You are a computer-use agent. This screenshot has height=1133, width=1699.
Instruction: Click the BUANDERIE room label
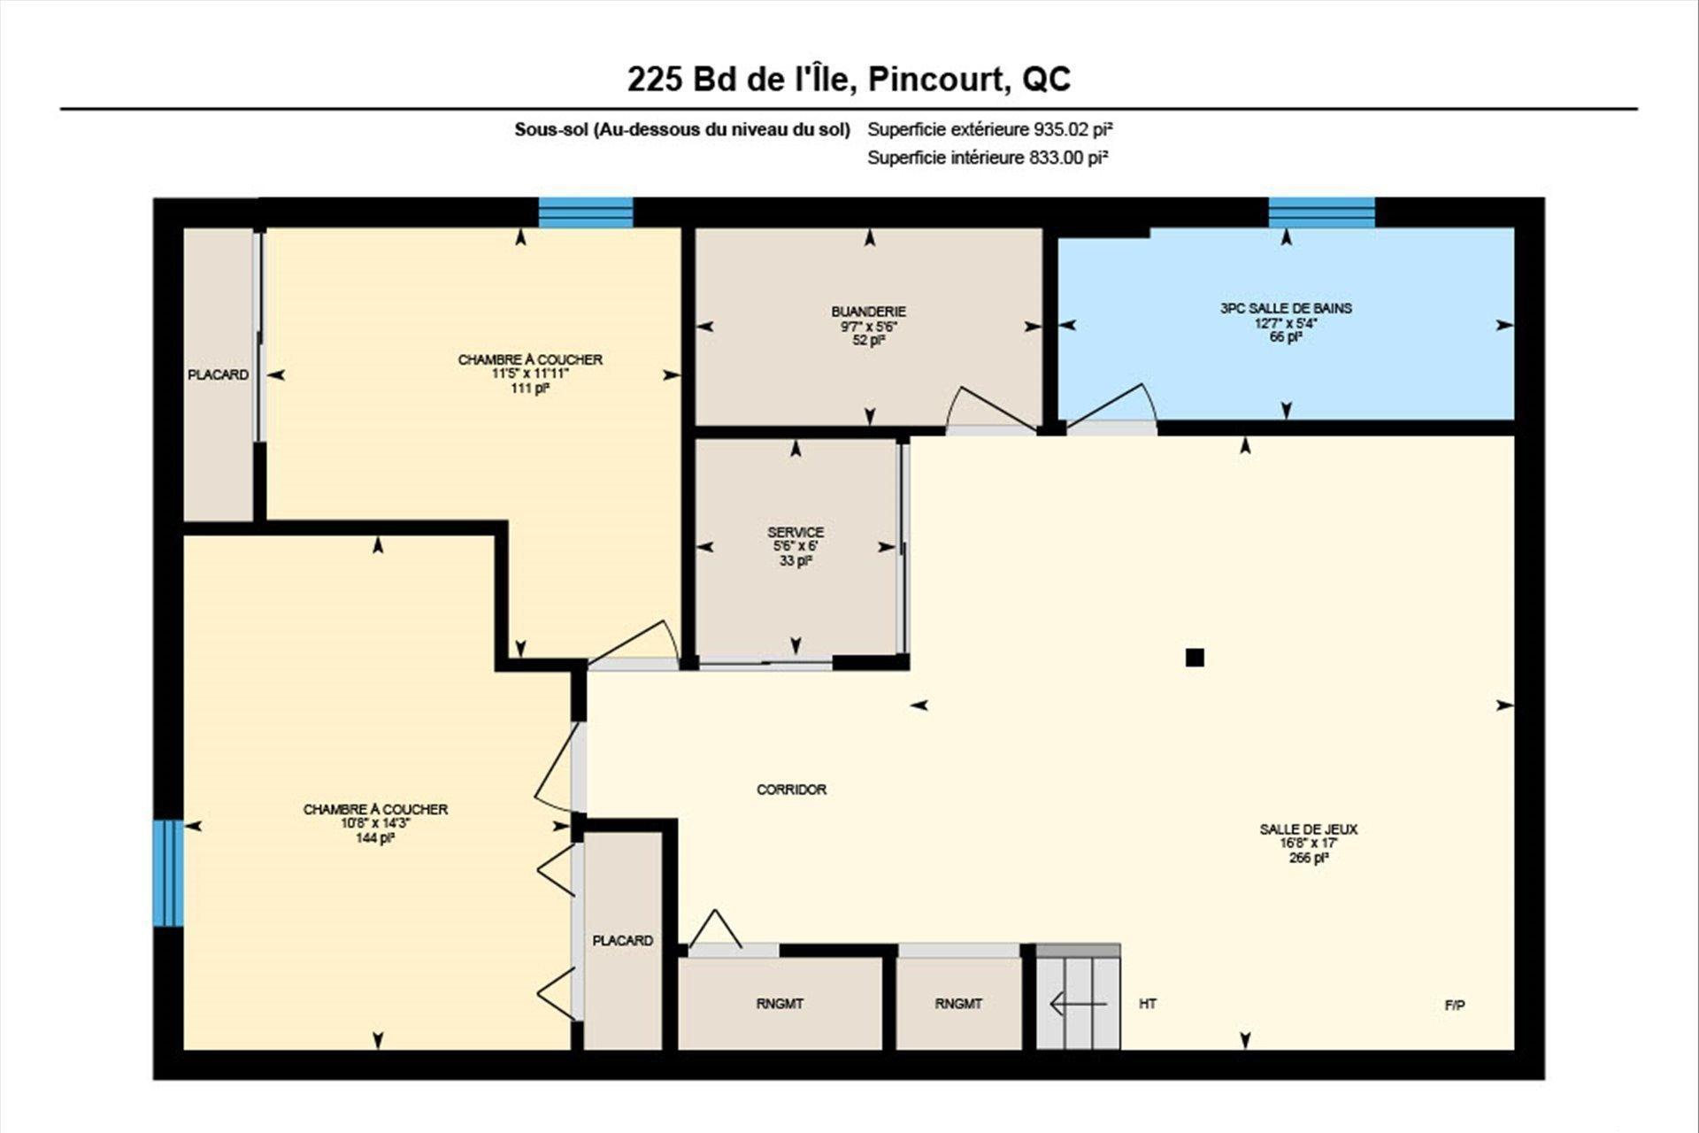(x=868, y=312)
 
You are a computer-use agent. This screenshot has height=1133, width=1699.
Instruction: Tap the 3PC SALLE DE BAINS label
(x=1286, y=308)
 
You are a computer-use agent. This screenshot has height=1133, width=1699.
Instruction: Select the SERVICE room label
(x=796, y=532)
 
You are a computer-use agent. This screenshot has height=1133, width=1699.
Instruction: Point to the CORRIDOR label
(x=791, y=790)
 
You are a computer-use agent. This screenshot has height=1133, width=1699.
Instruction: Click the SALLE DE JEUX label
(x=1309, y=829)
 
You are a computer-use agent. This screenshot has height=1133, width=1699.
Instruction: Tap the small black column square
(x=1195, y=657)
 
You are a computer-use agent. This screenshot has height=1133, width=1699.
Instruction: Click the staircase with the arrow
(x=1078, y=997)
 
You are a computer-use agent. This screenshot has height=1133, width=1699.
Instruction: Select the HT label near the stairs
(x=1148, y=1004)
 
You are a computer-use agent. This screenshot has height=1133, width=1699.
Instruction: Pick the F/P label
(x=1455, y=1006)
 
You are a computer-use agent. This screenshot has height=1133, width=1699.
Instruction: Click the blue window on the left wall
(x=168, y=873)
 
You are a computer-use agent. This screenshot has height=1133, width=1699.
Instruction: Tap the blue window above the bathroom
(x=1322, y=212)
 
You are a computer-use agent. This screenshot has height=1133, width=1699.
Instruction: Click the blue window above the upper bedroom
(x=586, y=212)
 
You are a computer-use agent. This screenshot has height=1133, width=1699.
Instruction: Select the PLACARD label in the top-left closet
(x=218, y=375)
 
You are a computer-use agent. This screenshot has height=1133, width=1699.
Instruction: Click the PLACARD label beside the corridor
(x=623, y=941)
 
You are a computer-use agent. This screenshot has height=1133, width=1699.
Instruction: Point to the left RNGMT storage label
(x=780, y=1004)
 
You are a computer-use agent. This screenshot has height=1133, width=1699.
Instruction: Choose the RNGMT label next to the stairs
(x=958, y=1004)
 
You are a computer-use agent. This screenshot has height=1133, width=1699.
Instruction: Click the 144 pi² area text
(x=375, y=837)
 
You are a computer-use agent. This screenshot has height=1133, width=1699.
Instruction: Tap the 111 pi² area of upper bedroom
(x=530, y=388)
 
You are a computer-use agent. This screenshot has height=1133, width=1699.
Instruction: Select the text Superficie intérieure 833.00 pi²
(x=988, y=158)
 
